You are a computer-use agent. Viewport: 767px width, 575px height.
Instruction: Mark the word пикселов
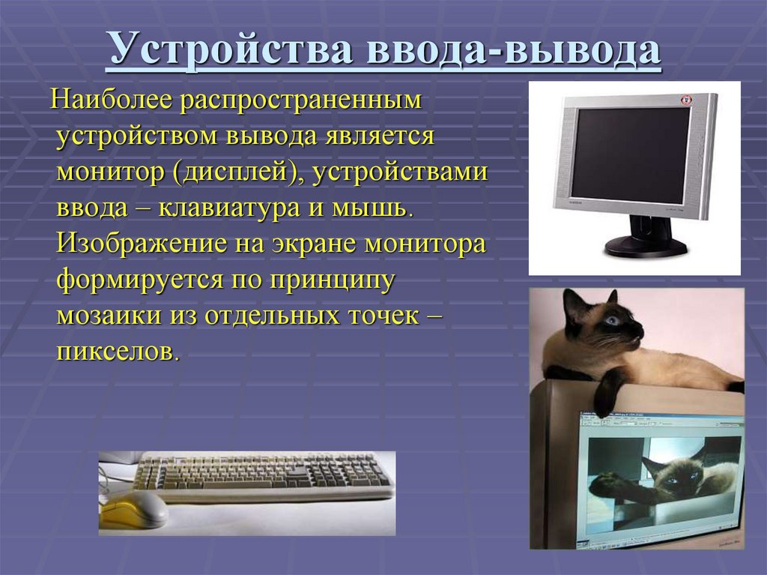(x=115, y=352)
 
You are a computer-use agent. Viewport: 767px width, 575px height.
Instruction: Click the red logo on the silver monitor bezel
(x=684, y=100)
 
